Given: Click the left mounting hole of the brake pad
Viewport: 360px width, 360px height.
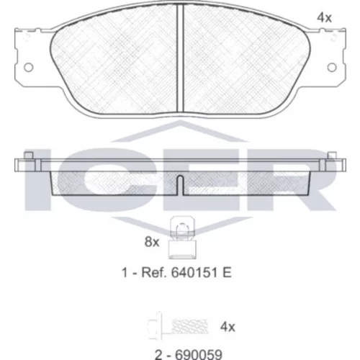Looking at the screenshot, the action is [x=29, y=68].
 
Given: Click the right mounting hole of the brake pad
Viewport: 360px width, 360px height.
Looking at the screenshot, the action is [x=332, y=68].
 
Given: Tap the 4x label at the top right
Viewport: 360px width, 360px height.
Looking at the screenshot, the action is [x=324, y=18].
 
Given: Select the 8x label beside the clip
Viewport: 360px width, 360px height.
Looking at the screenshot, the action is [x=152, y=242].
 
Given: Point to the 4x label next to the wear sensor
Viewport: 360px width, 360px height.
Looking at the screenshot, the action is [x=228, y=327].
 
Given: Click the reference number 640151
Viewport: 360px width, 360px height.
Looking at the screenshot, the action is [x=193, y=273].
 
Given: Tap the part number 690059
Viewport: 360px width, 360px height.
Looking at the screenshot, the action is [x=199, y=355].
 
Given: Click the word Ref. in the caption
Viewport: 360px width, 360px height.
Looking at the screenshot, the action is [x=154, y=273].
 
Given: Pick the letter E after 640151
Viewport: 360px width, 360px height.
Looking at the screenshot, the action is [x=227, y=273].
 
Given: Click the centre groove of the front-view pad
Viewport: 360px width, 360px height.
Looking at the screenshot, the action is [x=180, y=58].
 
